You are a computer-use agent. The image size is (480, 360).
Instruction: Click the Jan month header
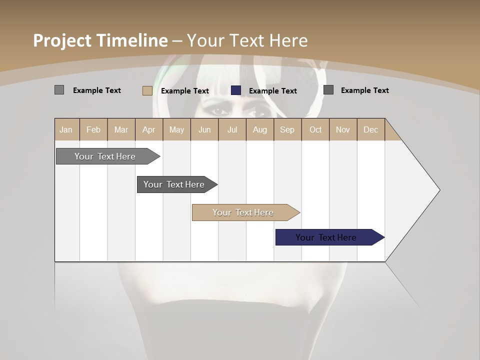(x=66, y=129)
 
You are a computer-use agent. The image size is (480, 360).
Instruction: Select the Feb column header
(x=93, y=129)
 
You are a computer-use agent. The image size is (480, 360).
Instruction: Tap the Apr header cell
(x=148, y=129)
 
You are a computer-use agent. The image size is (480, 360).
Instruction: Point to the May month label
(x=176, y=129)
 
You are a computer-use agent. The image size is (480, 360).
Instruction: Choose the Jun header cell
(x=204, y=129)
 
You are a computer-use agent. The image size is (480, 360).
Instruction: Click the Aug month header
(x=259, y=129)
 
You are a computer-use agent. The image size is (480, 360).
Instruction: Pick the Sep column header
(x=287, y=129)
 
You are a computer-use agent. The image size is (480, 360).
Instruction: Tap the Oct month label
(x=315, y=129)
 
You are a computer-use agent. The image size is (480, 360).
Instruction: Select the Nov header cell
(x=342, y=129)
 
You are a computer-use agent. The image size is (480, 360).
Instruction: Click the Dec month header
(x=370, y=129)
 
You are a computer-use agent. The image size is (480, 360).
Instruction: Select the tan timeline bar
(x=243, y=212)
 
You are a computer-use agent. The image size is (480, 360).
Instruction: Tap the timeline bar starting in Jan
(x=105, y=156)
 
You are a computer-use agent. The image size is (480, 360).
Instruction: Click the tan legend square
(x=147, y=90)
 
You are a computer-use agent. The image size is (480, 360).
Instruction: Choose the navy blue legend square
(x=236, y=90)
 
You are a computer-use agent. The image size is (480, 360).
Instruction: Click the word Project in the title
(x=62, y=40)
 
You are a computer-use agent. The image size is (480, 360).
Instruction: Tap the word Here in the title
(x=288, y=40)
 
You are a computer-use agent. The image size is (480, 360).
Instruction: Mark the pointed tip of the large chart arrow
(x=439, y=190)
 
